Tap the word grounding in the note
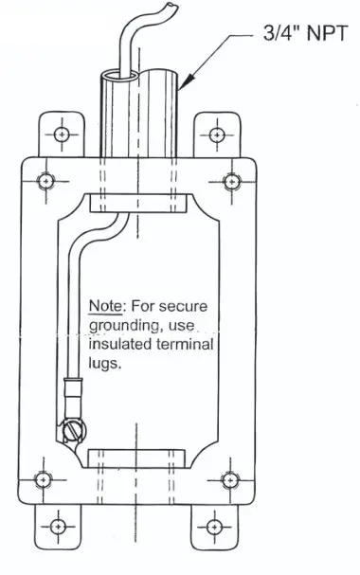[121, 326]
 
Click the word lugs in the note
[105, 364]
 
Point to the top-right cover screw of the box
[232, 180]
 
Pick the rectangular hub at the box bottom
[137, 458]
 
